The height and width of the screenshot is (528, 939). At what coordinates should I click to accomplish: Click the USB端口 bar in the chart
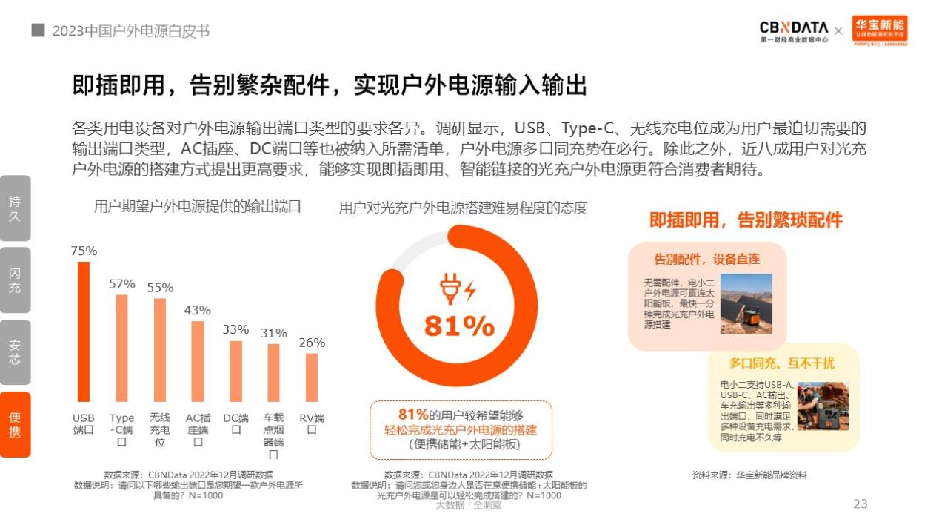coord(84,331)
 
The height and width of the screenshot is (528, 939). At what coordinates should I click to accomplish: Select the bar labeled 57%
coord(121,348)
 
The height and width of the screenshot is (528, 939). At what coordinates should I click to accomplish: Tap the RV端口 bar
coord(312,377)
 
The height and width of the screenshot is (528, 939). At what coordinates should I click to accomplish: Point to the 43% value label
coord(198,310)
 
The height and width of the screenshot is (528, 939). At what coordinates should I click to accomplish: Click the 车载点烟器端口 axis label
coord(273,435)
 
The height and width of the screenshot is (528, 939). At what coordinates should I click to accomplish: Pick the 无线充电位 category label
coord(159,429)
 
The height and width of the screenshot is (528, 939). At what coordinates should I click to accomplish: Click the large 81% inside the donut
coord(458,326)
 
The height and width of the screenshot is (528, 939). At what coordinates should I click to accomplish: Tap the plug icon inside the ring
coord(451,288)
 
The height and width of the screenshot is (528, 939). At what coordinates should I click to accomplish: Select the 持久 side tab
coord(15,208)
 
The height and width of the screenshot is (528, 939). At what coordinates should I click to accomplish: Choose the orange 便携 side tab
coord(15,424)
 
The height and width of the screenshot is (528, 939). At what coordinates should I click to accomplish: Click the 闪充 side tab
coord(15,280)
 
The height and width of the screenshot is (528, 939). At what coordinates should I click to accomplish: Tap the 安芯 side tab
coord(15,352)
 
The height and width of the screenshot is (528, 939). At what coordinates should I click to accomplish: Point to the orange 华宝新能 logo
coord(880,30)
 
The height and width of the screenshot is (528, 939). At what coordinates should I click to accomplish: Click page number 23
coord(860,504)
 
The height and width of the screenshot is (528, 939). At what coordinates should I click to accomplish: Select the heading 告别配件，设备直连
coord(706,259)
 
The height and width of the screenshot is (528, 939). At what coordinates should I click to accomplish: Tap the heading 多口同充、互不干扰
coord(781,363)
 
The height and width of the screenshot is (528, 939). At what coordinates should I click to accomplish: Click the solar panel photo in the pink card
coord(746,303)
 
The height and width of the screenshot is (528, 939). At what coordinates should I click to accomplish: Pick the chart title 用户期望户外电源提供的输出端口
coord(198,207)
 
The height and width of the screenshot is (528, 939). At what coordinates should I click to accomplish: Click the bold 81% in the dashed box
coord(414,415)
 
